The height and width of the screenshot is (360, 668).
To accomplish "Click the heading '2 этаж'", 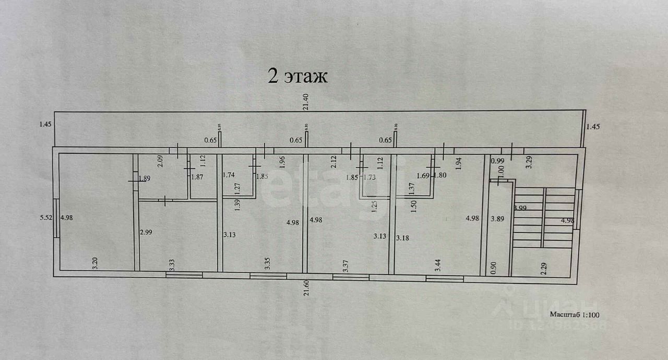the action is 297,77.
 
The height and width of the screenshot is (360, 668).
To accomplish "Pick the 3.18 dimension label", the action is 403,238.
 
